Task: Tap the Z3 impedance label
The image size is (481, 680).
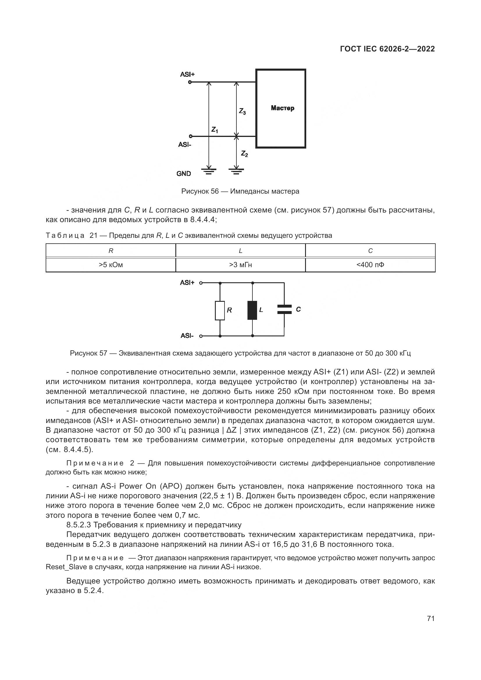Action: tap(242, 111)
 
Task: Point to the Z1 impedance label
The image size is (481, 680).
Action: tap(214, 130)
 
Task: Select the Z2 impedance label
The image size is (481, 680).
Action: tap(244, 154)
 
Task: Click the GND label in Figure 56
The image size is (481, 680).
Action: tap(184, 174)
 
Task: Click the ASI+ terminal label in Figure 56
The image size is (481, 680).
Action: tap(187, 74)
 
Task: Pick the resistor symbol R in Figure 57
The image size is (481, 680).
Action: tap(220, 310)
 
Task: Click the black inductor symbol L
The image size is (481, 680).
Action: tap(252, 310)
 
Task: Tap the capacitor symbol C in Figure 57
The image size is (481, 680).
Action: tap(284, 310)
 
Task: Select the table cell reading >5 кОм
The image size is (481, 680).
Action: tap(111, 265)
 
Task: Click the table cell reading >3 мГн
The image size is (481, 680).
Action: tap(240, 265)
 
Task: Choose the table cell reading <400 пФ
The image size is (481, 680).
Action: tap(370, 265)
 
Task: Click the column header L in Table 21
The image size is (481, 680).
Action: tap(240, 251)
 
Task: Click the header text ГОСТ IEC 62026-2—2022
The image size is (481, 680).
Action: tap(387, 49)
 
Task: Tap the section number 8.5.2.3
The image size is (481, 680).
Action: tap(79, 525)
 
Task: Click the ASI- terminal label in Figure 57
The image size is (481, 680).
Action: tap(187, 336)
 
